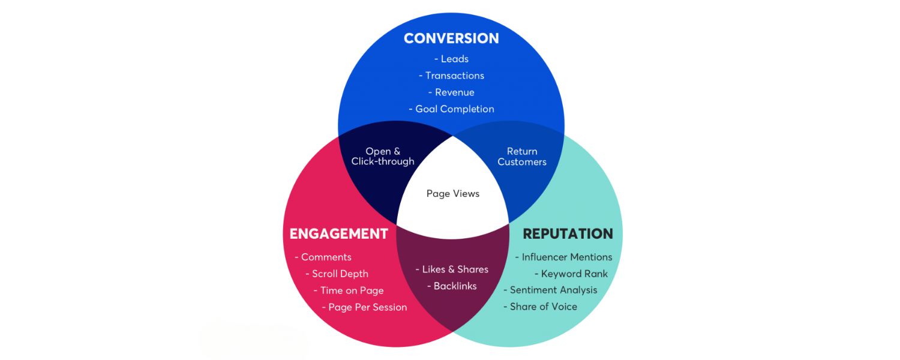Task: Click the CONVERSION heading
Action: click(x=451, y=38)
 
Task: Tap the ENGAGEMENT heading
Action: click(x=339, y=234)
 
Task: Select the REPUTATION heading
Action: click(x=568, y=234)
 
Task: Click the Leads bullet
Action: click(x=452, y=59)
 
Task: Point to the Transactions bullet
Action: click(x=452, y=76)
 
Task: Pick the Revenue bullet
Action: click(x=452, y=92)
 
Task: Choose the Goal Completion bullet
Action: click(x=452, y=109)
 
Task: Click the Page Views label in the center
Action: click(x=453, y=194)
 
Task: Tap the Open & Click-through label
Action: click(x=383, y=157)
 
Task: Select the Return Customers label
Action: click(x=522, y=157)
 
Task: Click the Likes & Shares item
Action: click(x=452, y=269)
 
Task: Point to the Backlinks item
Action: click(x=452, y=286)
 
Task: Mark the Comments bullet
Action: click(x=323, y=257)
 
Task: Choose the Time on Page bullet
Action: click(x=349, y=290)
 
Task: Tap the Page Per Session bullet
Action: click(x=365, y=307)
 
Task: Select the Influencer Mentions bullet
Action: click(x=564, y=257)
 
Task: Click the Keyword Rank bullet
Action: click(x=571, y=274)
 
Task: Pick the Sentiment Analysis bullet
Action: click(x=551, y=290)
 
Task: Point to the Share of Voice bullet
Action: click(x=541, y=307)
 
